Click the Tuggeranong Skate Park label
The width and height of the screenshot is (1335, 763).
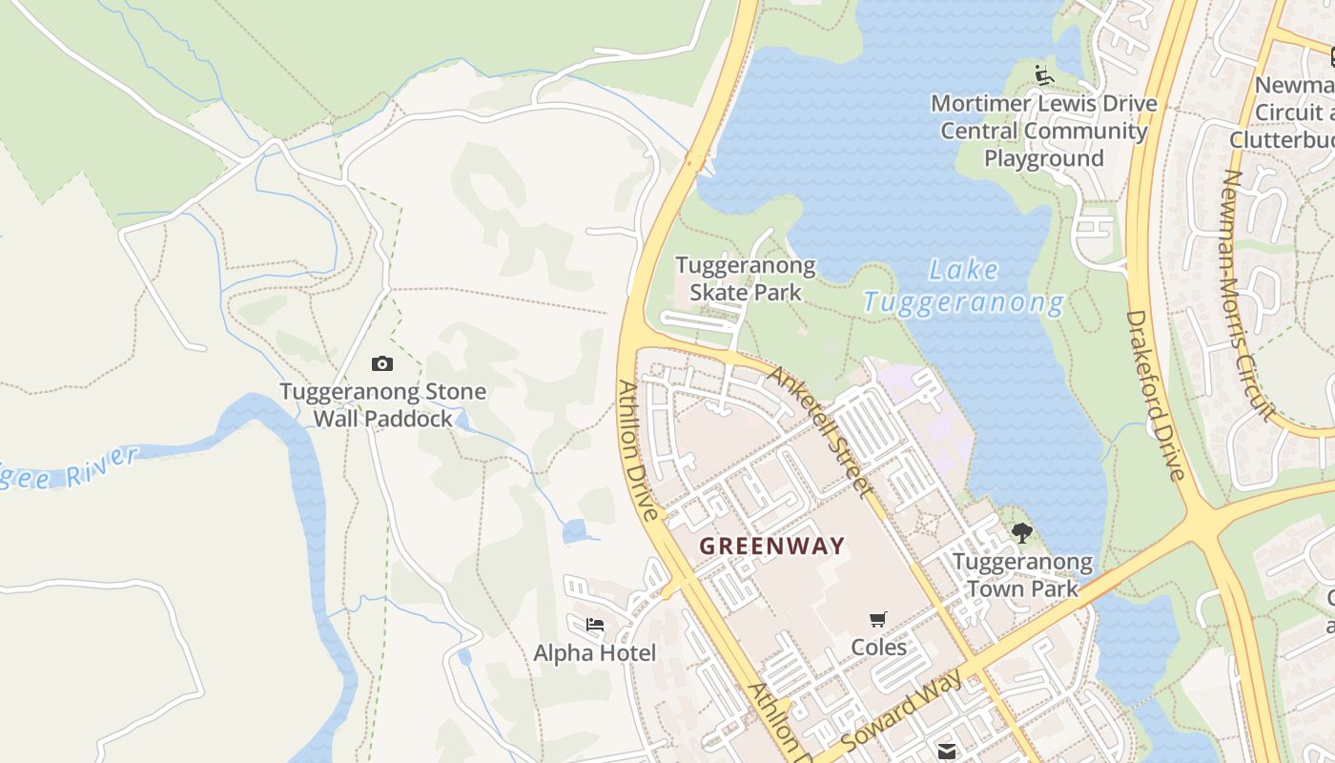(745, 278)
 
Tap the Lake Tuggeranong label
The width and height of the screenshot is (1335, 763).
(964, 287)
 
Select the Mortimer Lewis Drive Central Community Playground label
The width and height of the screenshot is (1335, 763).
(1044, 131)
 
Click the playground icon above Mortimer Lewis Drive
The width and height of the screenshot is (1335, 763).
(1043, 74)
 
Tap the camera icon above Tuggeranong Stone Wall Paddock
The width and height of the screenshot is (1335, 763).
(382, 363)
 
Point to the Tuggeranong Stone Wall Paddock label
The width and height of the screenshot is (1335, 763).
(382, 404)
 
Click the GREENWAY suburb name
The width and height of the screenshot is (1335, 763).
(771, 546)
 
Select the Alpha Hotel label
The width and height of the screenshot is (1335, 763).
(595, 653)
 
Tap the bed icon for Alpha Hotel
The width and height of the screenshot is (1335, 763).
(595, 626)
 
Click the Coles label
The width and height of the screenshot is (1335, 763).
(878, 648)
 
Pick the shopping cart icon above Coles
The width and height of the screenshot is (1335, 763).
(878, 620)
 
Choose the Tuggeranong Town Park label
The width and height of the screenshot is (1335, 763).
(1022, 575)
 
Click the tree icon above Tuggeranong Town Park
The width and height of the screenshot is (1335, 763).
(1022, 533)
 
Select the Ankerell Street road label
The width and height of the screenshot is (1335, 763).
(821, 430)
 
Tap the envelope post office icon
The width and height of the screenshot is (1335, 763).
(946, 751)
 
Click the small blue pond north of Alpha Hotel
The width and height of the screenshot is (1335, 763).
(575, 532)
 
